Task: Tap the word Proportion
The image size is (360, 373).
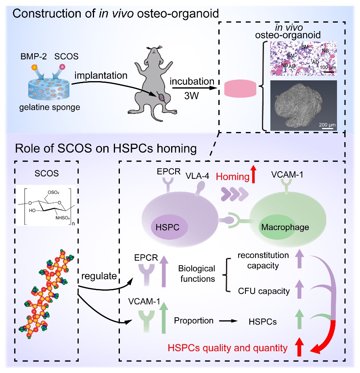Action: point(194,321)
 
